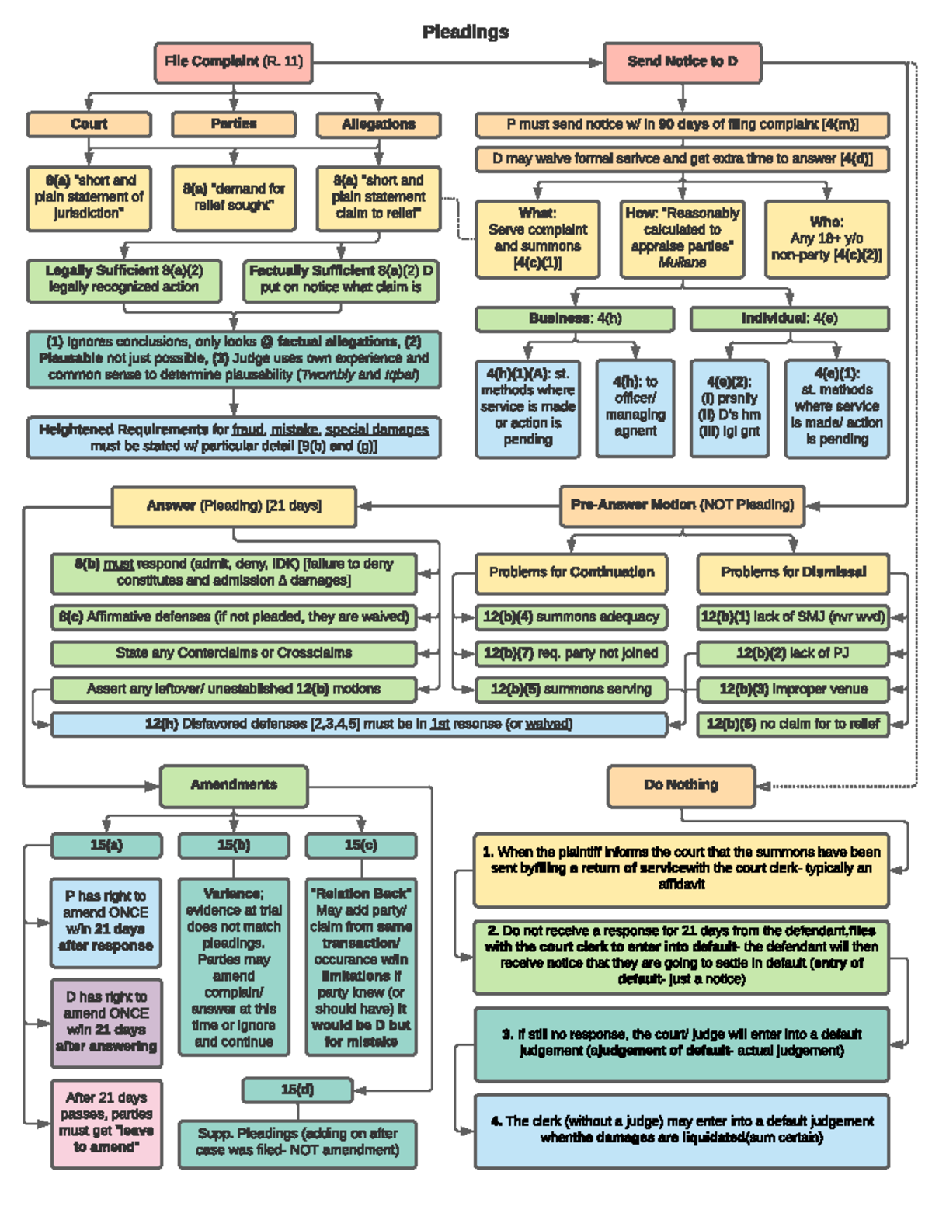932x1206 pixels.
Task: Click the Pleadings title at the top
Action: click(465, 32)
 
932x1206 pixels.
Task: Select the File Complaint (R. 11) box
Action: click(234, 62)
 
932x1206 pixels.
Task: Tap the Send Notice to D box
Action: click(682, 62)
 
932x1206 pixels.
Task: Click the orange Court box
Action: click(89, 124)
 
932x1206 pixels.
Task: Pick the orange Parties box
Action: click(234, 124)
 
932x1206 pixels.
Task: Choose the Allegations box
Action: click(378, 124)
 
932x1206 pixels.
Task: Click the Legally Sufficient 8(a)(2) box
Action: click(124, 280)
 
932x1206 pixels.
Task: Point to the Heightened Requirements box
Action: click(234, 438)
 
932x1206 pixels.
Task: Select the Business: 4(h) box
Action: click(575, 318)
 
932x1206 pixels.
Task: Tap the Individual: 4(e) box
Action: click(789, 318)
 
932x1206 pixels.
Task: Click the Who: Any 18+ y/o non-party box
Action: click(826, 238)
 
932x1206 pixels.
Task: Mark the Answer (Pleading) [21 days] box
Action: click(234, 506)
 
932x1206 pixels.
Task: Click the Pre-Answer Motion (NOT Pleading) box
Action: click(682, 506)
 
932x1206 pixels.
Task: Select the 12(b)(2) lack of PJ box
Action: click(792, 653)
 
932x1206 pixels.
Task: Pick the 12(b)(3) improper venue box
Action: click(792, 689)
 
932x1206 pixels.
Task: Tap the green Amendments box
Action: click(234, 785)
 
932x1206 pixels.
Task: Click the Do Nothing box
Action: click(681, 785)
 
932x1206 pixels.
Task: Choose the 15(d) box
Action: click(297, 1090)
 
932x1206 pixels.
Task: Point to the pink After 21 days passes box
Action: click(106, 1123)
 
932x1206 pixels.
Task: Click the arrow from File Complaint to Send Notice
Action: click(458, 62)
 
